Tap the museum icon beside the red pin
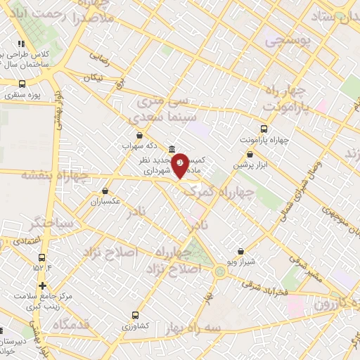[172, 149]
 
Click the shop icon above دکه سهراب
[139, 135]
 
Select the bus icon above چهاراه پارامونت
[264, 129]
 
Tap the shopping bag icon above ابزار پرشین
[250, 155]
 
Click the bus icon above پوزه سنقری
[22, 84]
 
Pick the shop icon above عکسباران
[105, 191]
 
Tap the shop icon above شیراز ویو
[240, 251]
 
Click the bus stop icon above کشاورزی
[135, 316]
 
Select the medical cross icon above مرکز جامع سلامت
[43, 285]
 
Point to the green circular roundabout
[220, 271]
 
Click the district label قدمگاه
[70, 325]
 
